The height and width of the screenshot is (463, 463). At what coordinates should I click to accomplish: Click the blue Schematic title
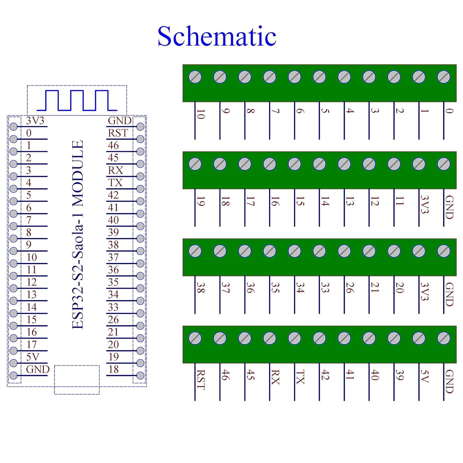click(x=217, y=36)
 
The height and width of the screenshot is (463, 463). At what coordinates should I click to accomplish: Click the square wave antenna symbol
click(x=77, y=100)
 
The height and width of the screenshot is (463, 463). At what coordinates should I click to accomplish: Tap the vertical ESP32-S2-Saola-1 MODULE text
click(x=78, y=235)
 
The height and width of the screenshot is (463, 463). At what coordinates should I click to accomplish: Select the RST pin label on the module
click(x=118, y=133)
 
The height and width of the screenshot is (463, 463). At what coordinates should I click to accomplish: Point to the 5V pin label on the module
click(x=33, y=357)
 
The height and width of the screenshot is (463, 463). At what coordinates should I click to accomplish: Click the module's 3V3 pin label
click(x=35, y=121)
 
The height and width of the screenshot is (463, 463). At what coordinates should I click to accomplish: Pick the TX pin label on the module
click(x=115, y=183)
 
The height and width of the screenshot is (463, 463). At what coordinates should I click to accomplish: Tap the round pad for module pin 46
click(x=140, y=152)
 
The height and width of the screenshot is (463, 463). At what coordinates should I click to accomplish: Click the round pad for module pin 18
click(x=140, y=375)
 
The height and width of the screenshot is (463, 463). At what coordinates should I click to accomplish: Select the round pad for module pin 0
click(x=13, y=139)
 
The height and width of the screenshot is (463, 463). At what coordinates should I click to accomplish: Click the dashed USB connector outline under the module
click(x=77, y=380)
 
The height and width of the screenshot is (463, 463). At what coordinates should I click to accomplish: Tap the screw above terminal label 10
click(x=195, y=77)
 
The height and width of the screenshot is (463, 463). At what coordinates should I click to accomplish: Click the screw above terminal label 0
click(x=444, y=77)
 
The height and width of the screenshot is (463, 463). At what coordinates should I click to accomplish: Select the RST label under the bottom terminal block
click(x=201, y=380)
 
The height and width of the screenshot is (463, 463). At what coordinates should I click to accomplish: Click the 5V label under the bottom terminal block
click(x=424, y=376)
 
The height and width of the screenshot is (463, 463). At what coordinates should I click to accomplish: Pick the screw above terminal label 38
click(x=195, y=251)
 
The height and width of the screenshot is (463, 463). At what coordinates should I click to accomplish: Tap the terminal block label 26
click(x=350, y=288)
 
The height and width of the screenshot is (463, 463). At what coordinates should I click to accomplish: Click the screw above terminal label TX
click(x=294, y=338)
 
